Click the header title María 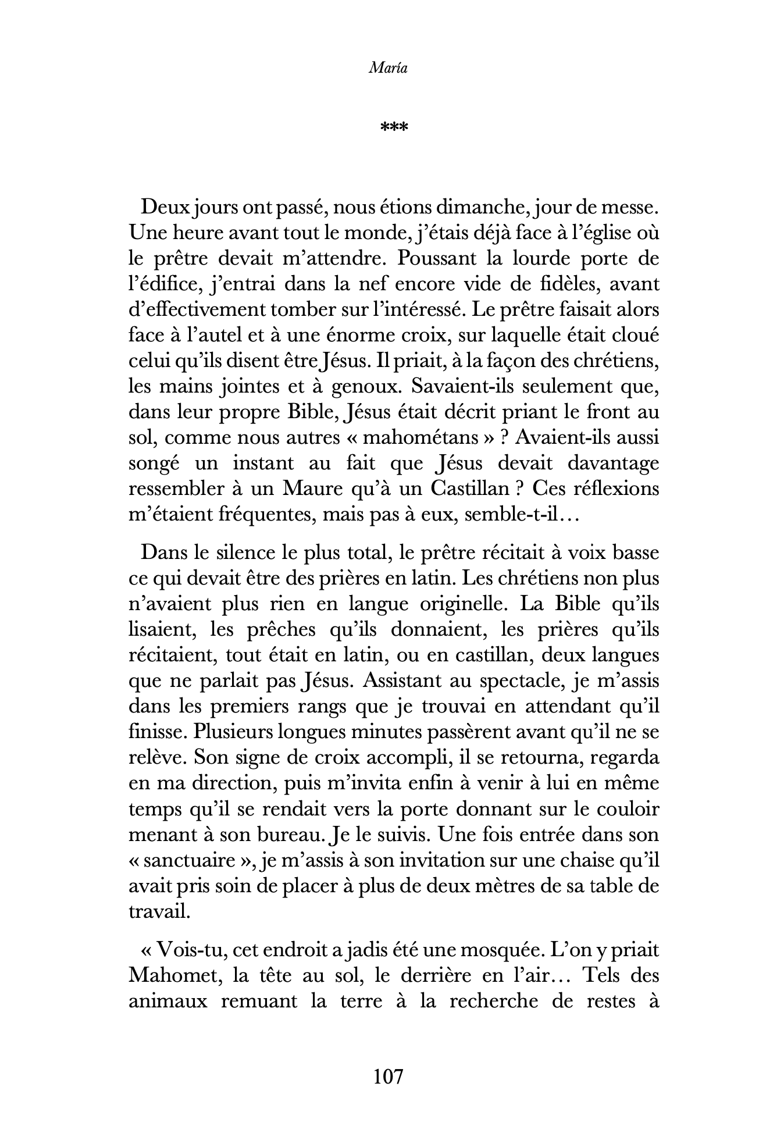click(388, 68)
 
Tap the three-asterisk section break click(394, 126)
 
